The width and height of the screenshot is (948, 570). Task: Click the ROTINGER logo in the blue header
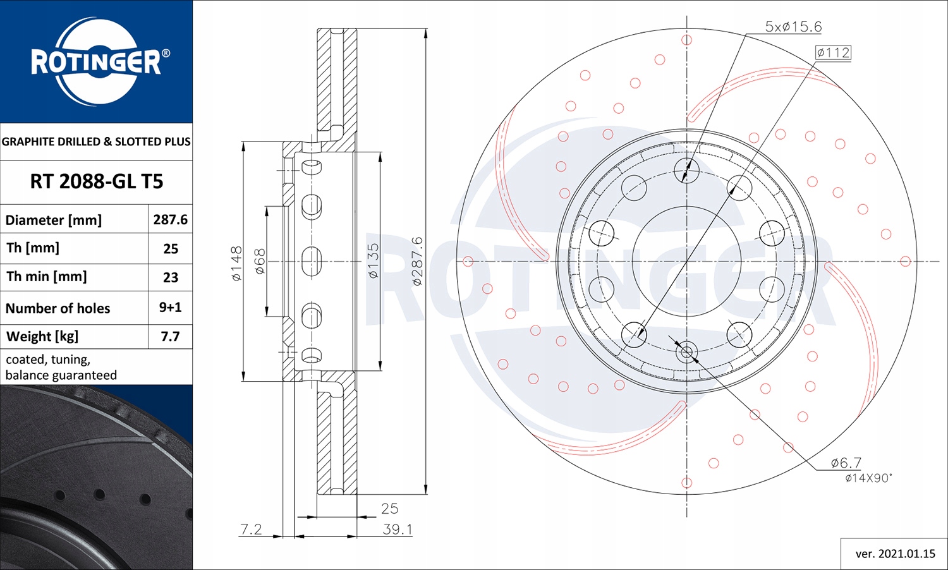97,61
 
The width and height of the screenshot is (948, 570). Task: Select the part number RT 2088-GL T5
96,182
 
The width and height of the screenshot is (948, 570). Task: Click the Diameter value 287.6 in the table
170,219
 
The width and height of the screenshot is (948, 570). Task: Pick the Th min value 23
170,277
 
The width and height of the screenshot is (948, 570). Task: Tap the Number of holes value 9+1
170,307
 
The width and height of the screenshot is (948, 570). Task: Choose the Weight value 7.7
170,336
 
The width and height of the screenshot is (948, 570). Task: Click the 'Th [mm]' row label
33,248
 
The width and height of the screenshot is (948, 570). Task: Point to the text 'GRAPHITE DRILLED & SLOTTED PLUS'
96,142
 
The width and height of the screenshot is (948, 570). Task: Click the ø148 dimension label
236,264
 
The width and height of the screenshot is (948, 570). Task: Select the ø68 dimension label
260,262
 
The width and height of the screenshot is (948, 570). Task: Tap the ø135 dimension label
373,261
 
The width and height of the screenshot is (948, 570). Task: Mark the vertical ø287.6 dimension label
416,261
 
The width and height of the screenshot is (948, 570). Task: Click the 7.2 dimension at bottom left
251,529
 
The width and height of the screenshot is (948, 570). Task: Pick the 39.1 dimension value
397,530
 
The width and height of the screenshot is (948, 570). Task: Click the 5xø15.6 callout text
793,27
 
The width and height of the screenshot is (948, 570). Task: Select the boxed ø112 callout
833,52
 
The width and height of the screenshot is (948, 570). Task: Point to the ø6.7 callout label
846,463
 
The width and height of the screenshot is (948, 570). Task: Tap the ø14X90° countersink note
868,478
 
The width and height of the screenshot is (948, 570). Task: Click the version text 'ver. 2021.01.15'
895,554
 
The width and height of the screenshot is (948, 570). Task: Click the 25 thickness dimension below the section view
389,509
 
